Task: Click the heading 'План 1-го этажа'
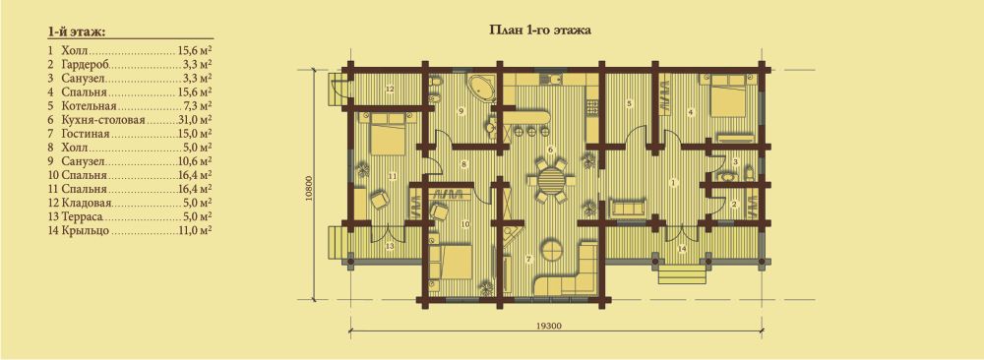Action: [x=539, y=30]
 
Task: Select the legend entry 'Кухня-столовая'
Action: [x=103, y=120]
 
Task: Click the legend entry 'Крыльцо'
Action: [x=86, y=231]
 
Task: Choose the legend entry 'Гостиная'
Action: [x=86, y=134]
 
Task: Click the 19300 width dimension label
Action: [x=549, y=325]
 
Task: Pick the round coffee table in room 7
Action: [x=553, y=249]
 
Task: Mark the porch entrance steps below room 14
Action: [x=680, y=274]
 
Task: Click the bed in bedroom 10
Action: [x=450, y=260]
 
